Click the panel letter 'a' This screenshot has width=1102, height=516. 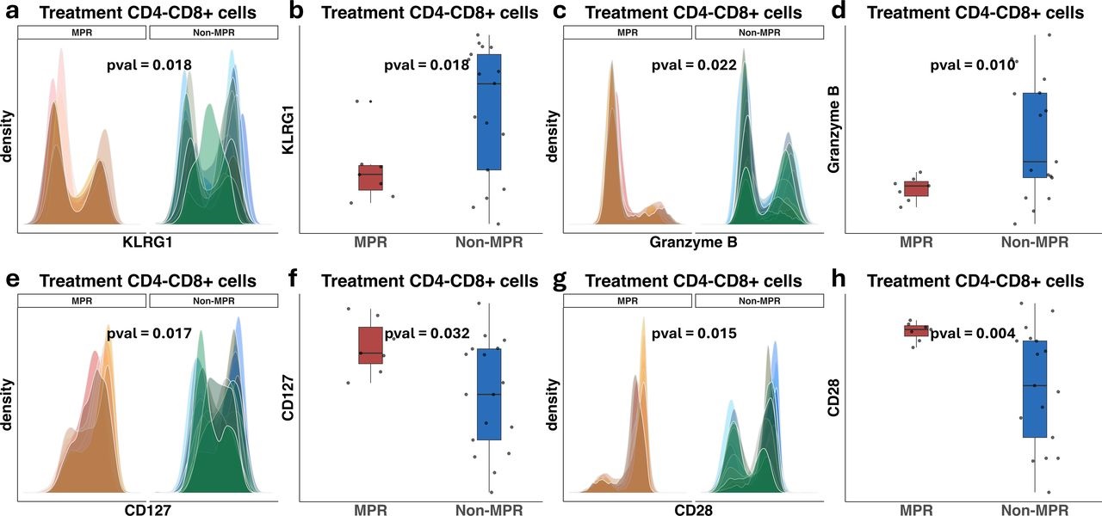point(12,12)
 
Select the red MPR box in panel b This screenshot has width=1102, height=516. point(371,178)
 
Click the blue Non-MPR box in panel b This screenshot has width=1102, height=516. point(489,112)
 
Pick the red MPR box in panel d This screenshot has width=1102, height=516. point(916,188)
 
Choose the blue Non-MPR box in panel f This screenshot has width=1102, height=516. point(489,394)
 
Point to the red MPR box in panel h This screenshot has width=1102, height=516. point(916,330)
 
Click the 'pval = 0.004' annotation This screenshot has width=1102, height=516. point(973,334)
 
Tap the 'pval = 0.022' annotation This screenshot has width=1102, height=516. point(694,64)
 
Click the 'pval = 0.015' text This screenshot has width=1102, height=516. point(694,332)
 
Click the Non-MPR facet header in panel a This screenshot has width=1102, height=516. point(214,32)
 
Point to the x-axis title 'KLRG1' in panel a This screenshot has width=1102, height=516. point(148,243)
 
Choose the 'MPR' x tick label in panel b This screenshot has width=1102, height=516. point(371,243)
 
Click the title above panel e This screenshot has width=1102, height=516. point(148,281)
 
